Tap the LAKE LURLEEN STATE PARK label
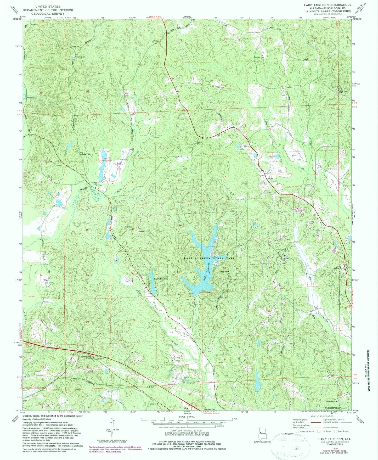pos(209,258)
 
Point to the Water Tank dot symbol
pos(229,272)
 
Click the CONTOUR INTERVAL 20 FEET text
pos(187,437)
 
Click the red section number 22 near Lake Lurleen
pos(224,268)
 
